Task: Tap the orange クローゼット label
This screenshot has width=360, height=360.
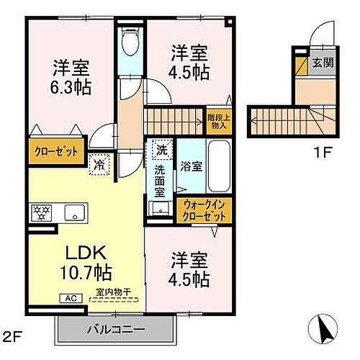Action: pos(53,153)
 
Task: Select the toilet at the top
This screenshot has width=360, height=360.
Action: pos(130,45)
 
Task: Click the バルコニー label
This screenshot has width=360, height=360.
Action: pos(117,329)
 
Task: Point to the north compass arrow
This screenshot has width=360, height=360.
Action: pos(324,332)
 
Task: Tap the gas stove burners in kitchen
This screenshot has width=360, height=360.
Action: pos(40,212)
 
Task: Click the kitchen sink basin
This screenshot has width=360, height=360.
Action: pos(73,213)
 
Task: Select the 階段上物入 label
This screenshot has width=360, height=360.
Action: pos(217,120)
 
